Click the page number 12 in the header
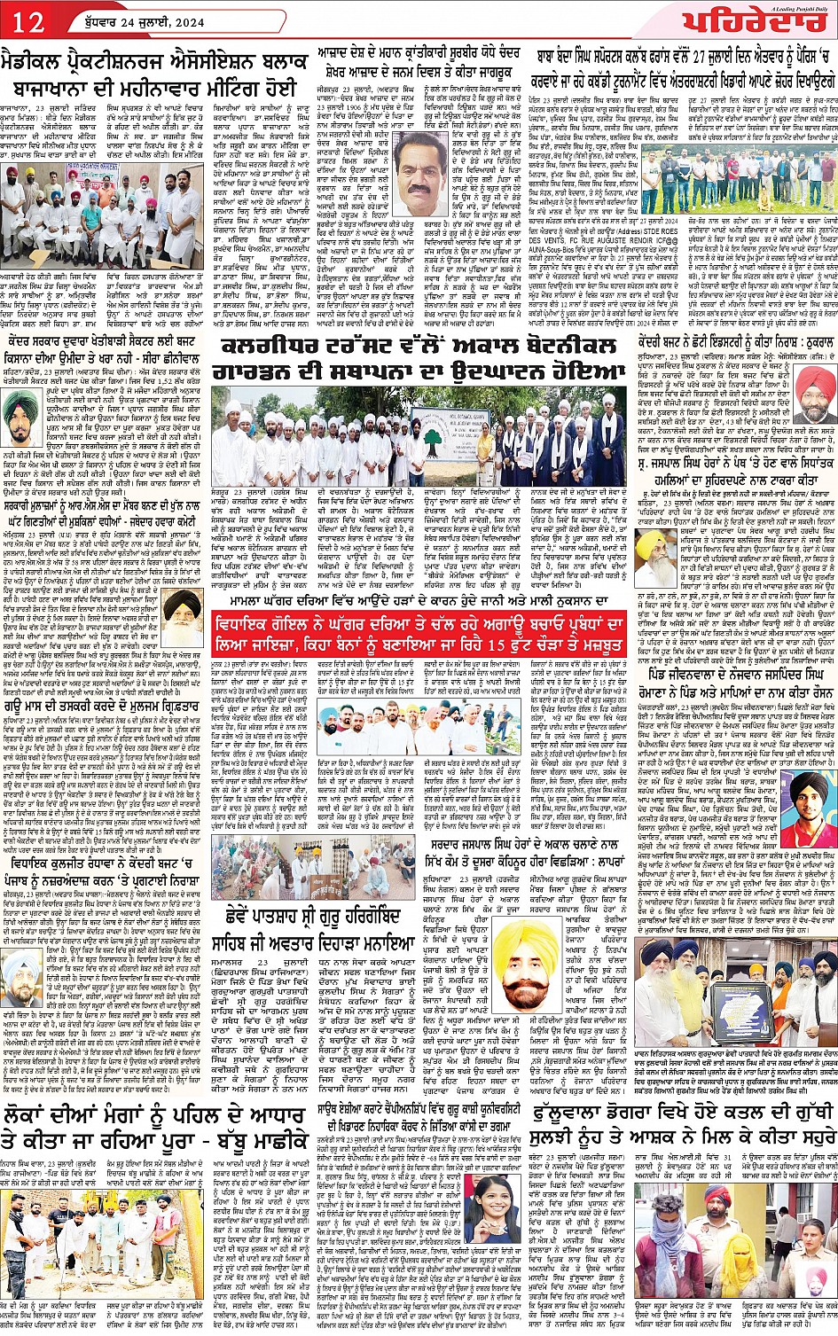point(30,22)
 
